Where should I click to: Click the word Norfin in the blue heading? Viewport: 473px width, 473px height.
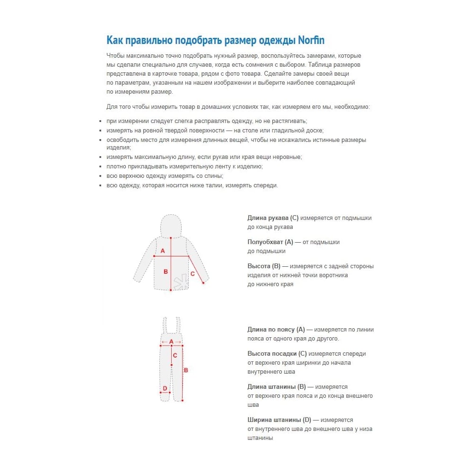[311, 40]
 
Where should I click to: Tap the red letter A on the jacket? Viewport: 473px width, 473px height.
[163, 251]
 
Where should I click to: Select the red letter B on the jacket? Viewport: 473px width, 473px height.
[166, 272]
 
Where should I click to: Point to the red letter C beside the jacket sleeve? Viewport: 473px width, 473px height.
[193, 273]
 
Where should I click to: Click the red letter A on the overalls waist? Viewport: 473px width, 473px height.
[171, 342]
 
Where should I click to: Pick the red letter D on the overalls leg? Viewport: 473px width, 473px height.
[165, 388]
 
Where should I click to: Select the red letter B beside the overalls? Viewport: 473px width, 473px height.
[186, 370]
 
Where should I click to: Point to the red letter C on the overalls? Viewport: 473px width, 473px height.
[175, 356]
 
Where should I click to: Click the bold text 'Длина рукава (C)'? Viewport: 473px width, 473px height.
[273, 218]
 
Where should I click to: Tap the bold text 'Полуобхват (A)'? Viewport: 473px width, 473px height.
[270, 242]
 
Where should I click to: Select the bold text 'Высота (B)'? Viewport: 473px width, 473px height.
[264, 266]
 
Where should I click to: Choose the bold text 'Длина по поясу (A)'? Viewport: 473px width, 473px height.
[276, 329]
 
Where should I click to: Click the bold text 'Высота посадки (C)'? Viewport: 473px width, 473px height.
[277, 353]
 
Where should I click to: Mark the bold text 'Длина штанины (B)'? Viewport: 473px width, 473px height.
[277, 387]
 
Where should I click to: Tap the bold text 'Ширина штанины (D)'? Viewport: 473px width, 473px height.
[279, 420]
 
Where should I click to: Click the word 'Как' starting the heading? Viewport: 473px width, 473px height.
[114, 40]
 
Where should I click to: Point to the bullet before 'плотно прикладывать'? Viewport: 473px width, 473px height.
[100, 166]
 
